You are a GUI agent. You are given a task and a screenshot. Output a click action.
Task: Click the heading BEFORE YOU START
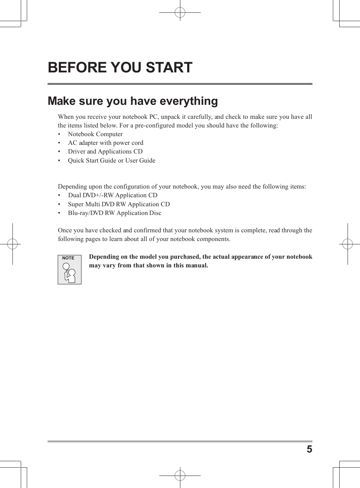[x=120, y=68]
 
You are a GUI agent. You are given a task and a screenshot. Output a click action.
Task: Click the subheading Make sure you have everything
[x=133, y=101]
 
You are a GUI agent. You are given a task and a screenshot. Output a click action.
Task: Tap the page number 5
[x=309, y=449]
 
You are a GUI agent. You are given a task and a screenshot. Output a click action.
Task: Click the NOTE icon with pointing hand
[x=69, y=270]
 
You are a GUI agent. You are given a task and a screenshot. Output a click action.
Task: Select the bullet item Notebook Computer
[x=95, y=134]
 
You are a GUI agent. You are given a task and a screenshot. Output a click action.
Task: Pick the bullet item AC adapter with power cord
[x=106, y=143]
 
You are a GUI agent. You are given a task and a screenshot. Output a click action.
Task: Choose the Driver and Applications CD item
[x=105, y=152]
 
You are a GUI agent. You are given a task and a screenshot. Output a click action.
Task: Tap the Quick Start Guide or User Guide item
[x=112, y=161]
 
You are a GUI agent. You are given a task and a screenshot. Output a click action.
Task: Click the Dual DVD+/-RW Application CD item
[x=113, y=195]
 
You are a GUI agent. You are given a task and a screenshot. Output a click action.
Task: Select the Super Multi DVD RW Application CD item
[x=119, y=204]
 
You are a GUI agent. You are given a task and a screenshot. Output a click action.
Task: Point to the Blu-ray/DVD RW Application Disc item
[x=115, y=213]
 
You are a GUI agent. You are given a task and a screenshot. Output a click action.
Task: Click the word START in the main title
[x=169, y=68]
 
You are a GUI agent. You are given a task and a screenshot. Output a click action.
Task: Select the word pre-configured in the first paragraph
[x=152, y=126]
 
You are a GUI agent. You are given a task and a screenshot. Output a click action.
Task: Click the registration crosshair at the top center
[x=180, y=13]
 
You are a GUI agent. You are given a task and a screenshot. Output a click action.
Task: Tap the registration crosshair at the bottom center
[x=180, y=475]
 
